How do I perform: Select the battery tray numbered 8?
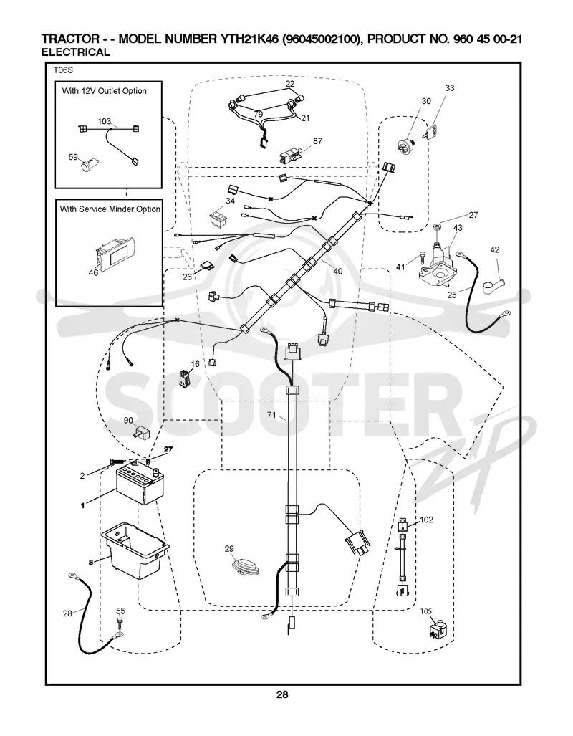tap(134, 552)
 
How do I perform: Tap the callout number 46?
tap(93, 272)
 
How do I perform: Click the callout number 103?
tap(104, 122)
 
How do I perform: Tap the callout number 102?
tap(426, 520)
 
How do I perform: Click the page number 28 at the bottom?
tap(282, 694)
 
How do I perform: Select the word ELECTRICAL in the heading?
tap(75, 52)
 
